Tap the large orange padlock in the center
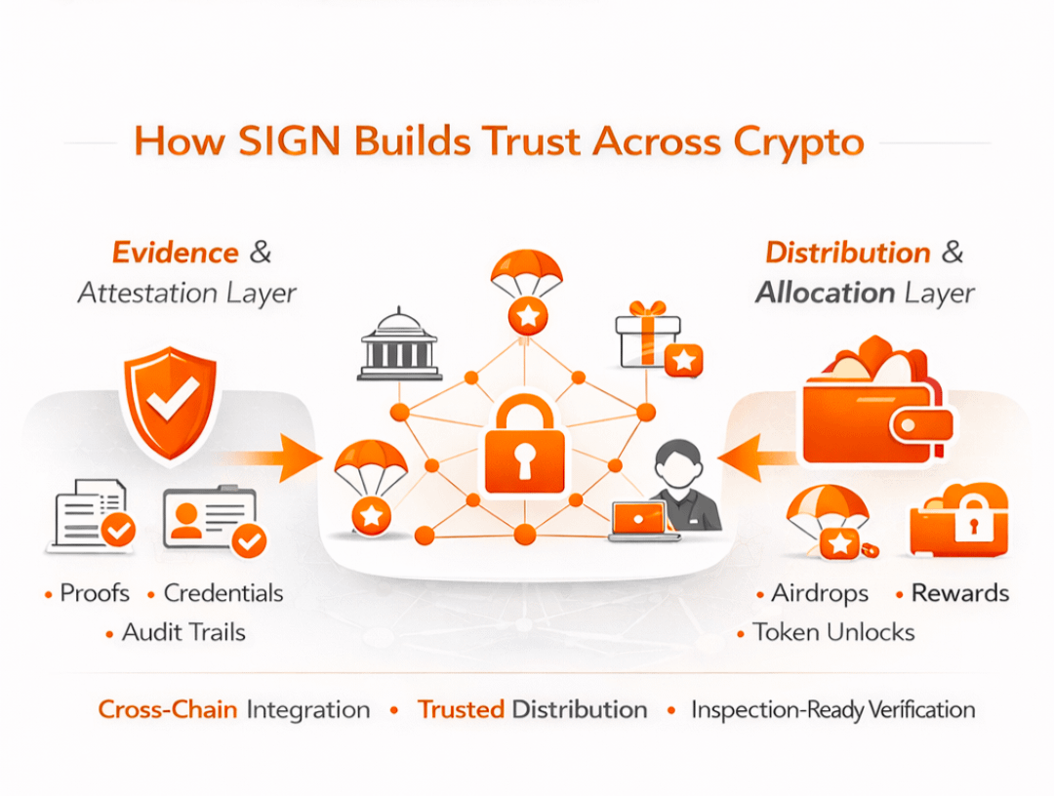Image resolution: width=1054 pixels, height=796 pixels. pos(524,448)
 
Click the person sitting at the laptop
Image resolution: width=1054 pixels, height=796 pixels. pos(683,488)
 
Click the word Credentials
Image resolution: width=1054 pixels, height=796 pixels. pos(223,593)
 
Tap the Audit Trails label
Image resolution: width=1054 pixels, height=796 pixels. pos(183,632)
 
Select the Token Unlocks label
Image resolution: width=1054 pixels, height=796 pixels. pos(833,632)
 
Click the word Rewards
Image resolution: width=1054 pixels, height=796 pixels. pos(960,593)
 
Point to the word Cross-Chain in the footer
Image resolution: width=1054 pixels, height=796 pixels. pos(168,709)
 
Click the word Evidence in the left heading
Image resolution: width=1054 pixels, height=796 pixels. pos(176,253)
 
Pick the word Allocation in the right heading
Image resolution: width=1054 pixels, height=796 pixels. pos(826,293)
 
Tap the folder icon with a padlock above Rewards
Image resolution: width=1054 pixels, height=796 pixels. pos(958,521)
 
